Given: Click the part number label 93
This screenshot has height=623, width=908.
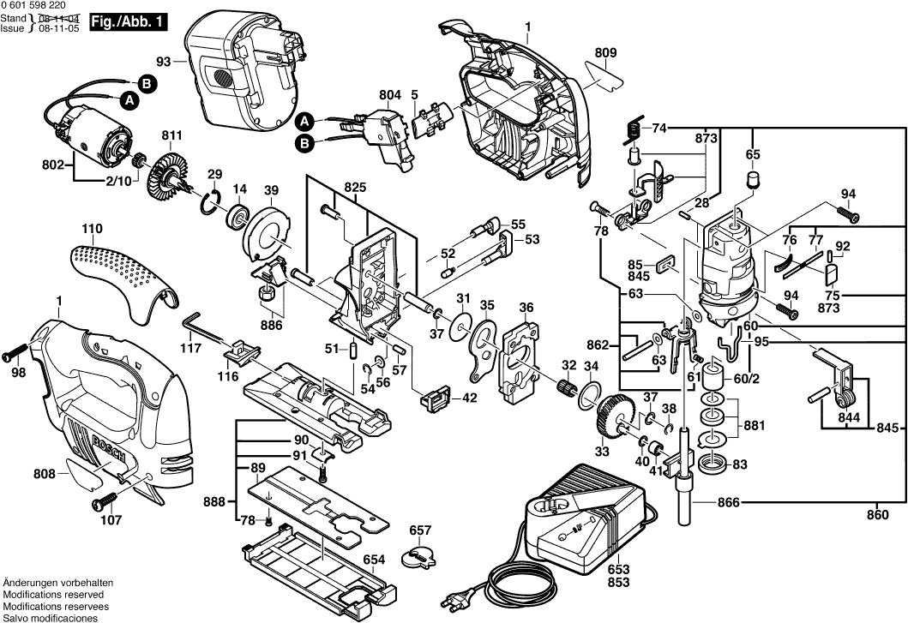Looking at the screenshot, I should pyautogui.click(x=164, y=61).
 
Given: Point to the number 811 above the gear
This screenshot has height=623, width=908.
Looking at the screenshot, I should pyautogui.click(x=171, y=135).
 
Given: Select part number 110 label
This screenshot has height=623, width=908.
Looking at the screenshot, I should pyautogui.click(x=92, y=229).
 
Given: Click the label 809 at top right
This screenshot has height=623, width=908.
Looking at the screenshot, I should pyautogui.click(x=605, y=52).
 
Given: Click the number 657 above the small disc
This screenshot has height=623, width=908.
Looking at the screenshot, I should pyautogui.click(x=420, y=530).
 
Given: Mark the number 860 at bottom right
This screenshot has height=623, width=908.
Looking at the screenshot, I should pyautogui.click(x=877, y=516).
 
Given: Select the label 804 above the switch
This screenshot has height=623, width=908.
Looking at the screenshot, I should pyautogui.click(x=390, y=94).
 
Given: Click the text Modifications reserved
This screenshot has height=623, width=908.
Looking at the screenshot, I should pyautogui.click(x=53, y=594).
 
